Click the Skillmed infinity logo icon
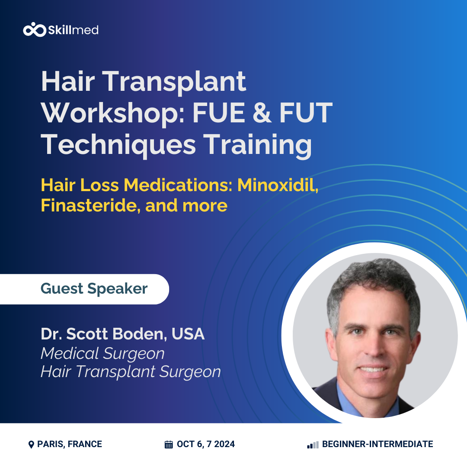[x=35, y=29]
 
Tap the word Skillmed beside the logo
[x=73, y=30]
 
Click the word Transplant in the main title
[x=174, y=82]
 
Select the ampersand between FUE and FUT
[x=262, y=112]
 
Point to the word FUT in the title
[x=306, y=112]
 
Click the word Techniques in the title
[x=118, y=145]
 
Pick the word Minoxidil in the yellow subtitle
[x=278, y=185]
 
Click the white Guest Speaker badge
[x=85, y=289]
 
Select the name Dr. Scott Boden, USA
[x=123, y=334]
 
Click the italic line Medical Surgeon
[x=103, y=354]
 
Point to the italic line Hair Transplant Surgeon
[x=131, y=372]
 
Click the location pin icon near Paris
[x=31, y=445]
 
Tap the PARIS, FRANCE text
[x=69, y=444]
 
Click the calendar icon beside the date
[x=169, y=445]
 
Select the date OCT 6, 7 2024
[x=206, y=444]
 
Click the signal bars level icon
[x=313, y=445]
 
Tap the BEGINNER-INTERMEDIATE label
[x=377, y=444]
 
